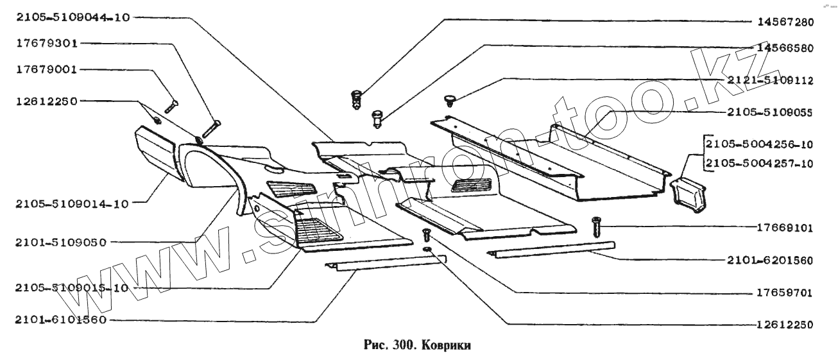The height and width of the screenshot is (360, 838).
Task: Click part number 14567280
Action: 783,22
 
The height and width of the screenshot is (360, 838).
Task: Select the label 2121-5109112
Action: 770,80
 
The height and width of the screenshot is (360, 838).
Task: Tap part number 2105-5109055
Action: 770,112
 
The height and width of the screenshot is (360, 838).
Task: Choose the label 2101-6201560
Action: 770,261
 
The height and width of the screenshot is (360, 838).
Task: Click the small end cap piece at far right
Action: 687,191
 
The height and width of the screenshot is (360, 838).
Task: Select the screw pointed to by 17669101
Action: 595,227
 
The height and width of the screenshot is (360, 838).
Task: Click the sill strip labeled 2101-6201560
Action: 551,249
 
